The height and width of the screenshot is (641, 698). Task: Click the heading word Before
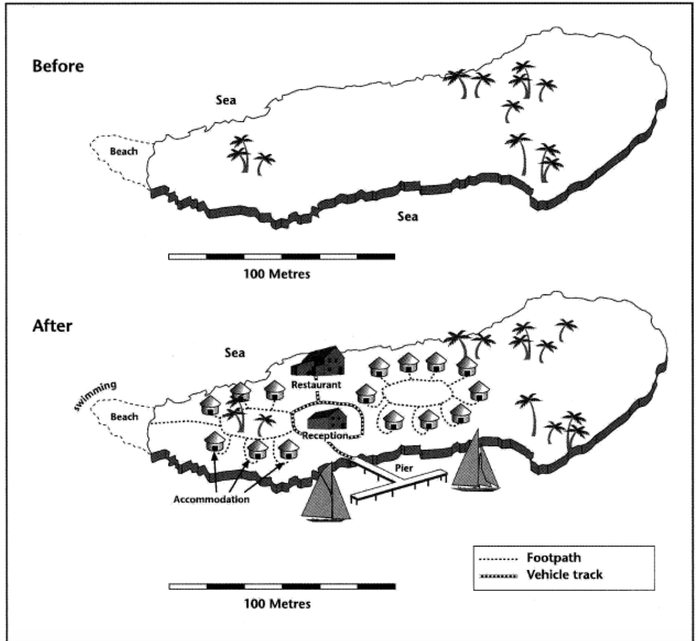58,66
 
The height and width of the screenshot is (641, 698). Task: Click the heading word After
52,326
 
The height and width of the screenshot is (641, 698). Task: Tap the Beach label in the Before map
123,151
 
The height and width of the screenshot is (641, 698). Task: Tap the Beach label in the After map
124,416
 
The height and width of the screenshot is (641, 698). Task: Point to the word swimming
95,395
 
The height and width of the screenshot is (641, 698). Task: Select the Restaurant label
316,385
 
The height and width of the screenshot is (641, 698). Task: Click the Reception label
325,435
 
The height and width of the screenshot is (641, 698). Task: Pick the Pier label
404,468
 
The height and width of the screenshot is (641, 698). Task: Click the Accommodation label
211,500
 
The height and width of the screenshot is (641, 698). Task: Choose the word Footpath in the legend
554,557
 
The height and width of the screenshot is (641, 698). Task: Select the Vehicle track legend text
564,575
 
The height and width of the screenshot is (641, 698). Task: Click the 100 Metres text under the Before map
277,274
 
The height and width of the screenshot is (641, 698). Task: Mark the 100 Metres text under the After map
277,604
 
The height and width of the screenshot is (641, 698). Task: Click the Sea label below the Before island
407,216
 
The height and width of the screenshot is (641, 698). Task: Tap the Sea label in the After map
234,352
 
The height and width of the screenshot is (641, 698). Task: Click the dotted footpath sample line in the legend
498,559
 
